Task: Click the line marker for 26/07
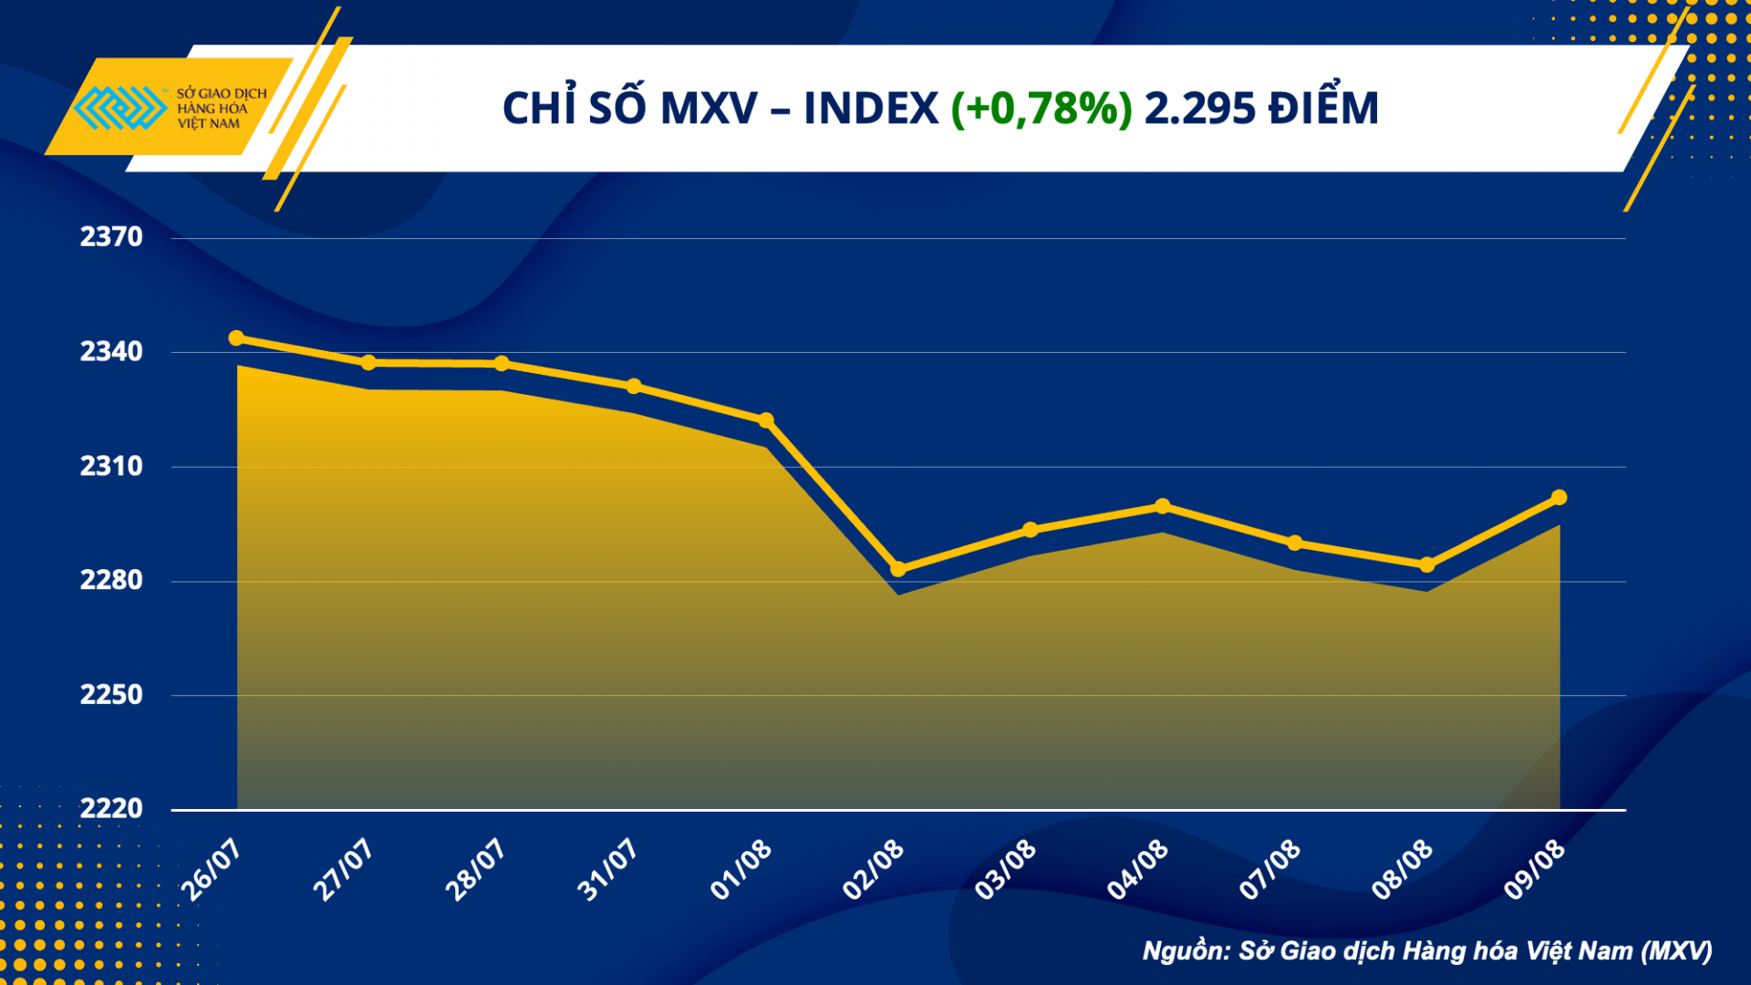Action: click(x=236, y=338)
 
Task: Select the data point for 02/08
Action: click(x=898, y=569)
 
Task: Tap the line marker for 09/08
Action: click(x=1559, y=497)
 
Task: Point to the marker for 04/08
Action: click(x=1163, y=506)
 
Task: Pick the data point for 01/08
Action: click(x=766, y=420)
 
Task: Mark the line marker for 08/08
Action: click(x=1427, y=565)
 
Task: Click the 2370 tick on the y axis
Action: click(x=111, y=237)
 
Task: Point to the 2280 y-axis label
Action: click(x=111, y=580)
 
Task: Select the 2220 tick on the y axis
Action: click(x=111, y=808)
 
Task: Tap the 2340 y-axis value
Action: click(x=111, y=351)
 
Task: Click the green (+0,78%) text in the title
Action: click(x=1041, y=109)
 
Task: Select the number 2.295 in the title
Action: click(x=1199, y=109)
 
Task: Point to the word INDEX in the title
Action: click(x=870, y=109)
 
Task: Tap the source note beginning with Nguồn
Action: click(x=1427, y=951)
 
